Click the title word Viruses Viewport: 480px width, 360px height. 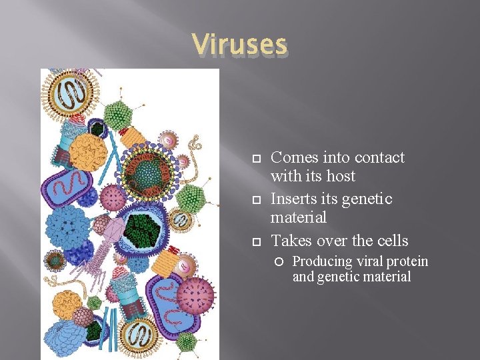(x=239, y=45)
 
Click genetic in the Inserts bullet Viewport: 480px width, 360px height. (x=367, y=199)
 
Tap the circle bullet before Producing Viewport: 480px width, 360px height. (x=282, y=262)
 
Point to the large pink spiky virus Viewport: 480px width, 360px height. (x=194, y=294)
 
